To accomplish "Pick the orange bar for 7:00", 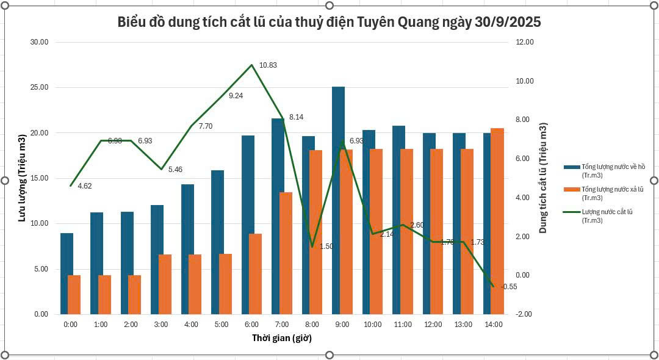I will (286, 253).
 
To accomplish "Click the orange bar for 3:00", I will (165, 284).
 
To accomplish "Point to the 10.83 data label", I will (268, 65).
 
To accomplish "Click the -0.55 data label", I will (509, 287).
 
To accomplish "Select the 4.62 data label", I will (85, 185).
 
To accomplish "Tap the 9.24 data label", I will (236, 96).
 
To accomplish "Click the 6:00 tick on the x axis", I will (251, 325).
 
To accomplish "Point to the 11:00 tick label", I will (402, 325).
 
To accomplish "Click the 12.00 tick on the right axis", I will (525, 42).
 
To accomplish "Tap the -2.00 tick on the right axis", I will (524, 314).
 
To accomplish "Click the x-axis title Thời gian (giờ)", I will (282, 338).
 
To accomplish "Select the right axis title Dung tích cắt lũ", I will (543, 178).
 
